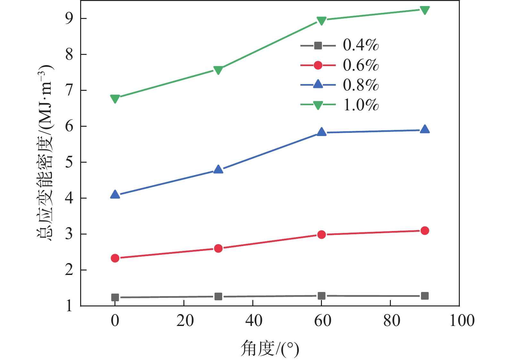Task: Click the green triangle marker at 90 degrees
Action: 425,10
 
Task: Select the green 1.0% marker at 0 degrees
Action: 115,99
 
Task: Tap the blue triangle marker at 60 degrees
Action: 321,132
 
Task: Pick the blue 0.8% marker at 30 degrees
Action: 218,169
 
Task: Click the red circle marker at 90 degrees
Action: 425,230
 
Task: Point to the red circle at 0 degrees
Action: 115,258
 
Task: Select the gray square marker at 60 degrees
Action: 321,296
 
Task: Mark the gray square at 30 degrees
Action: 218,296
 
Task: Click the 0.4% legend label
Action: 361,45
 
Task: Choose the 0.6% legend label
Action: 361,65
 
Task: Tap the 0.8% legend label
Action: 361,85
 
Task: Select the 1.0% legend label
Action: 361,105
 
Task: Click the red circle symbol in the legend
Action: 318,65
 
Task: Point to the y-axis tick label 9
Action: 69,19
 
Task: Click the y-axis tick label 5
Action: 69,162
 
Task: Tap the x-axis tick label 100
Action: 462,321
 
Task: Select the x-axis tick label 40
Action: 254,321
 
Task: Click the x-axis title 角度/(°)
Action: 270,349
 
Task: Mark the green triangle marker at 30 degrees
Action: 218,70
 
